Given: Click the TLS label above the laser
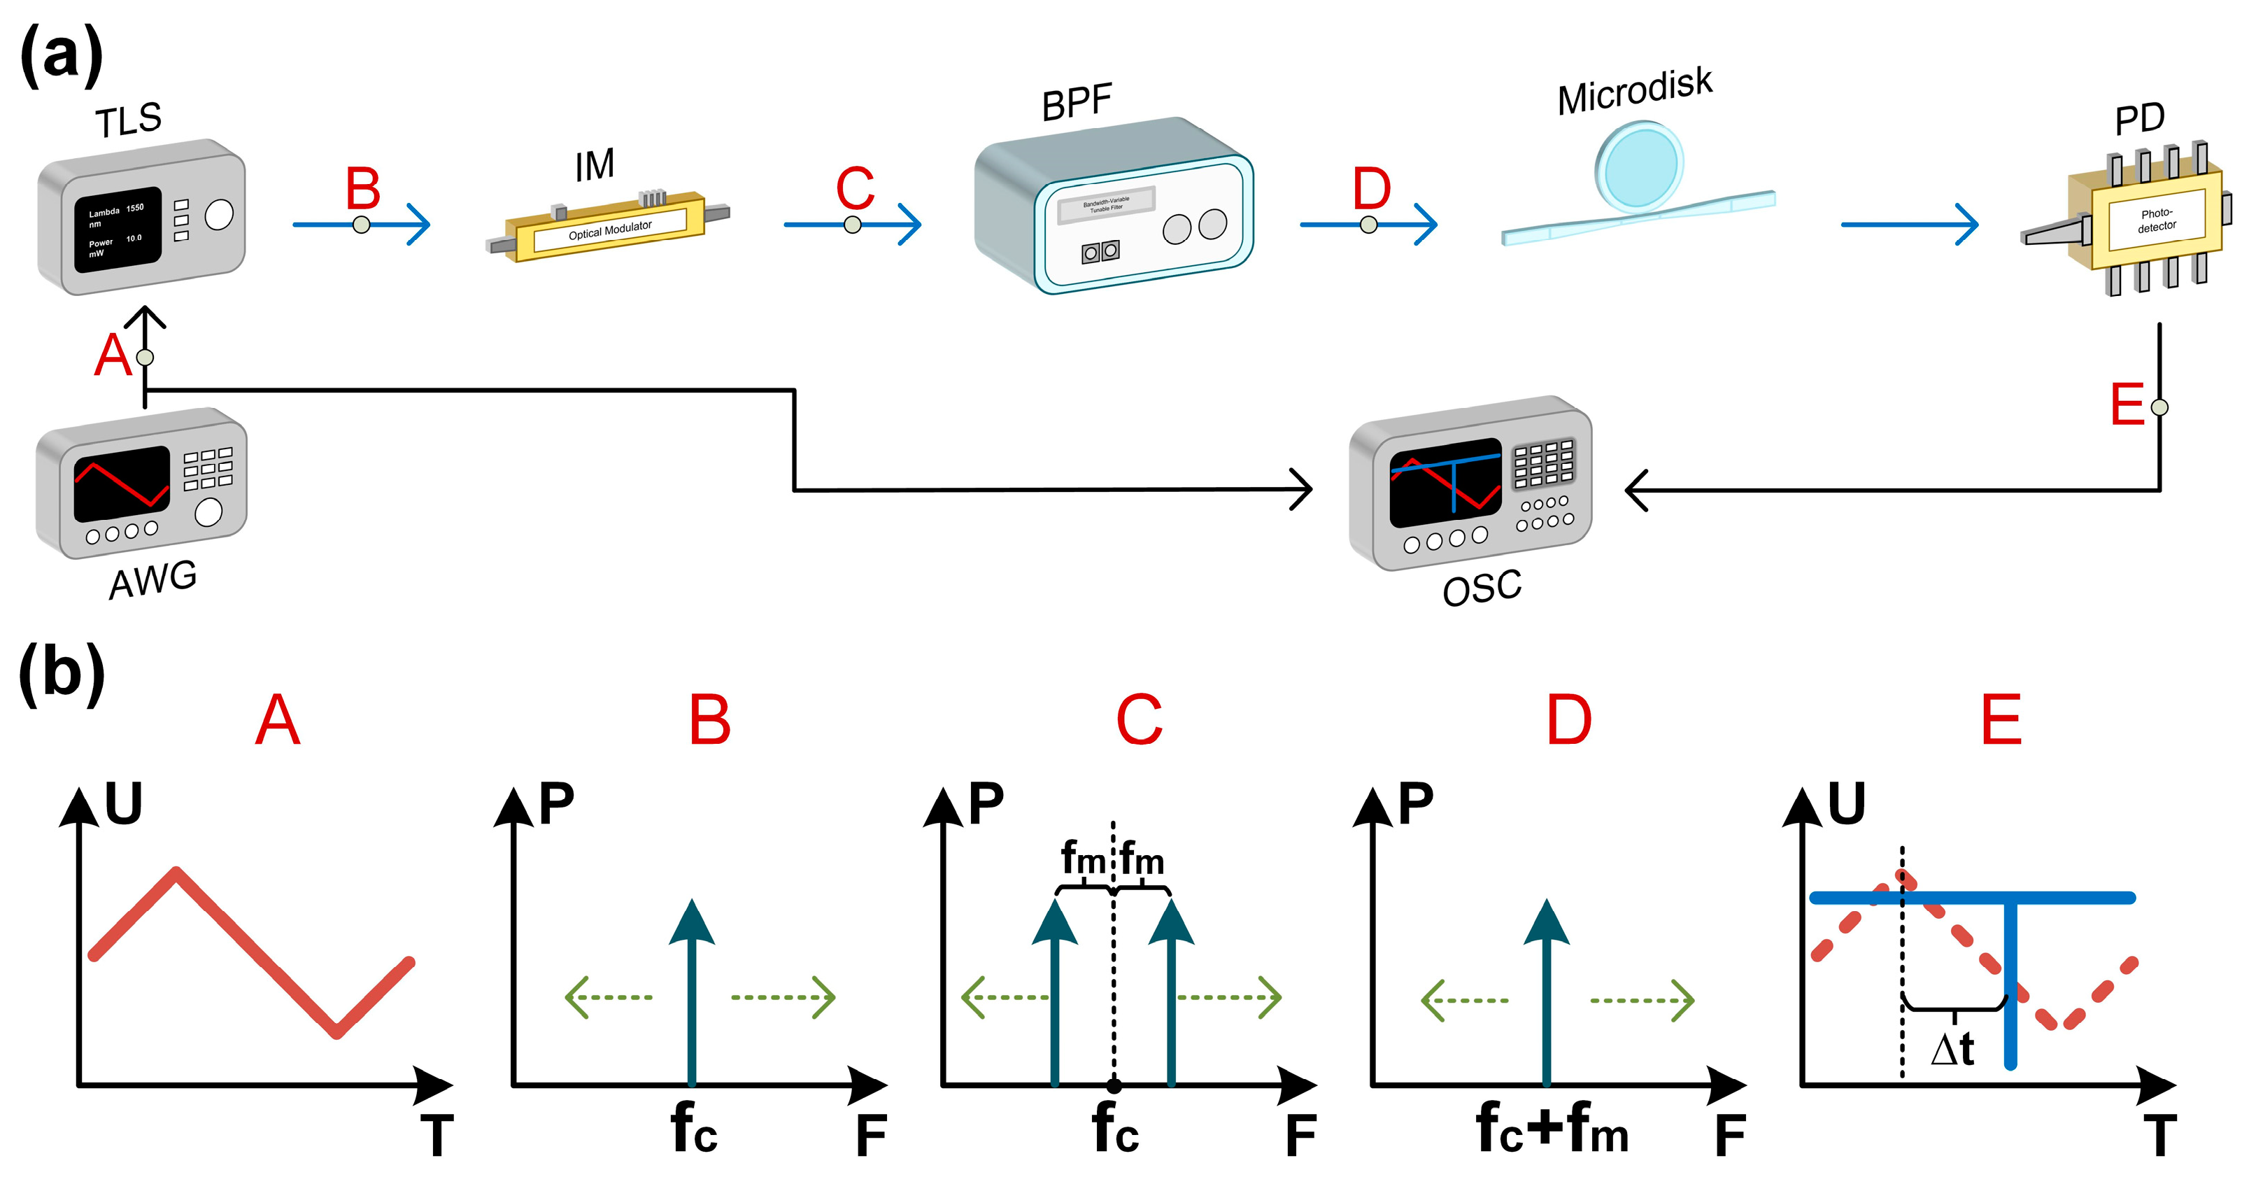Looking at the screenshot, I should tap(128, 120).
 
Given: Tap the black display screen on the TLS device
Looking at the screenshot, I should tap(118, 230).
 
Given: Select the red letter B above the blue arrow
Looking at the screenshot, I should tap(362, 188).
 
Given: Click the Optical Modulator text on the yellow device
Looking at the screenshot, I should tap(609, 230).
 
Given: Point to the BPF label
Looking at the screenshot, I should tap(1076, 103).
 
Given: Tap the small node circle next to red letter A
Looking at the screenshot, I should tap(145, 357).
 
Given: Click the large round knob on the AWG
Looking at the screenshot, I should tap(208, 512).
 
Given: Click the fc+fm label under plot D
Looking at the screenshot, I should tap(1552, 1128).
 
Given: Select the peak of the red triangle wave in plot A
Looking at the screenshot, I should tap(176, 871).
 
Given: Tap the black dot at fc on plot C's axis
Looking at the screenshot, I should tap(1113, 1086).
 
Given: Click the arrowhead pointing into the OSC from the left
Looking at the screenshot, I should tap(1303, 490).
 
